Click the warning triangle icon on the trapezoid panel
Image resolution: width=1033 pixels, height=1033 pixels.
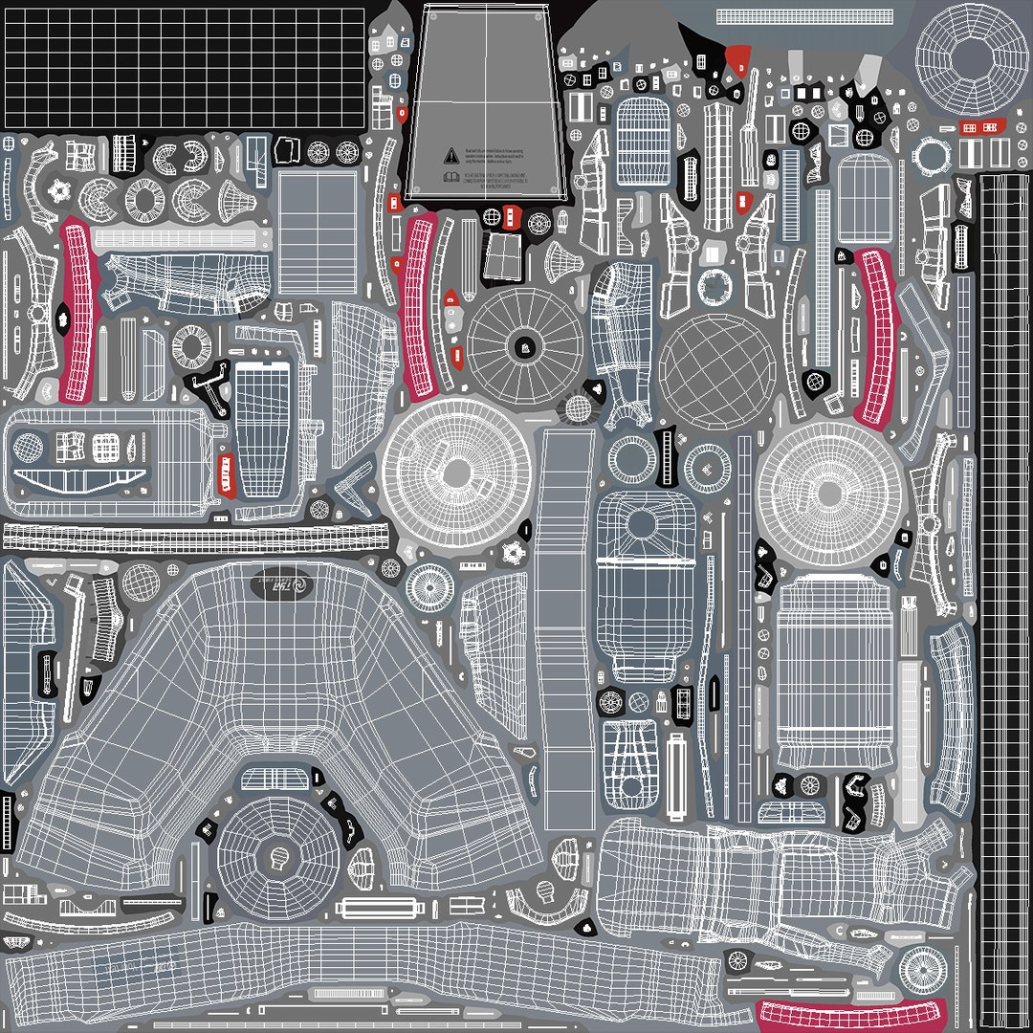coord(451,154)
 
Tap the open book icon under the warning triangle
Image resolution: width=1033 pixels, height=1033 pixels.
coord(451,177)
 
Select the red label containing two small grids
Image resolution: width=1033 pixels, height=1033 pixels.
coord(980,128)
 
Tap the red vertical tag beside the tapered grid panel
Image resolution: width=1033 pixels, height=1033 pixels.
coord(226,474)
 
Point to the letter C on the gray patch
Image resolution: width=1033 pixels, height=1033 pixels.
coord(839,932)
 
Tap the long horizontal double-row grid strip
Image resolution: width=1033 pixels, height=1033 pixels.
coord(196,538)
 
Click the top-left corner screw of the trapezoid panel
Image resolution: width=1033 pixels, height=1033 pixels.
coord(429,15)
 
